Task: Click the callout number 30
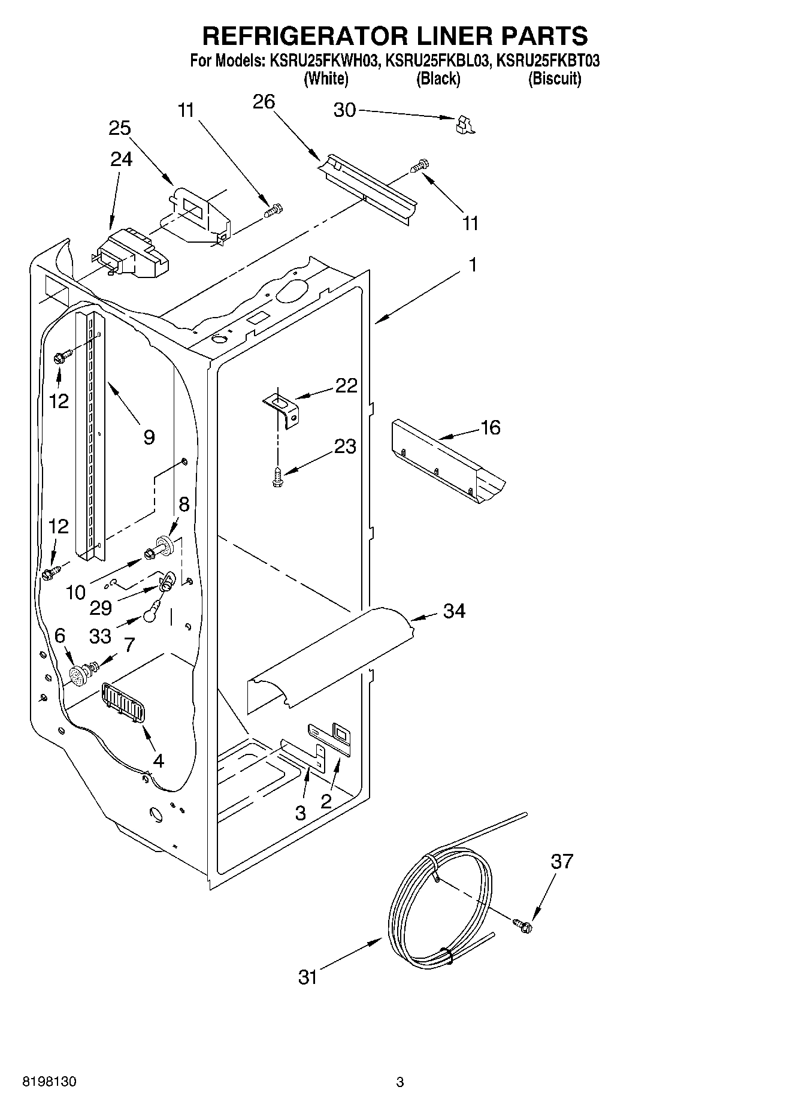[344, 110]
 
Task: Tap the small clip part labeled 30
[464, 124]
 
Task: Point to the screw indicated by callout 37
[522, 925]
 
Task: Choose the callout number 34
[454, 611]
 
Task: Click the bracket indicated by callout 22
[283, 408]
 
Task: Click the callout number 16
[490, 428]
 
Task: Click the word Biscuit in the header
[554, 79]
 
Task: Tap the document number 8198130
[49, 1082]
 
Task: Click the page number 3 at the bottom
[400, 1082]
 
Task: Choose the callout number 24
[121, 159]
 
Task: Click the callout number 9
[149, 437]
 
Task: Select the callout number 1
[473, 264]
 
